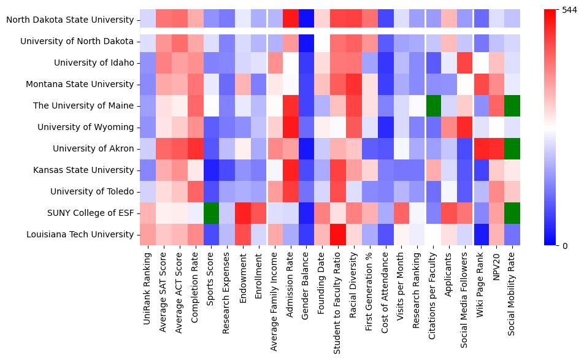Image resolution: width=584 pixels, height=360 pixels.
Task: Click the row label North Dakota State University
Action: (x=70, y=20)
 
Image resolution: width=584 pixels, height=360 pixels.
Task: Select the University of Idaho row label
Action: (x=94, y=63)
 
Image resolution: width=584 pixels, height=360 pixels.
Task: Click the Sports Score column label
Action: (x=211, y=280)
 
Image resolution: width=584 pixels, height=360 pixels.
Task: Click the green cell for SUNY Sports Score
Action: (x=211, y=213)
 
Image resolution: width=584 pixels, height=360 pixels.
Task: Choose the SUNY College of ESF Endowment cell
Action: (x=243, y=213)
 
